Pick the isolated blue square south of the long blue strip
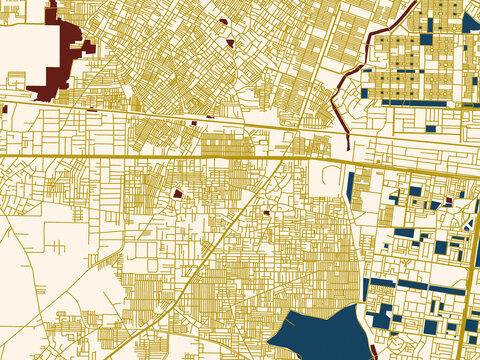(431, 128)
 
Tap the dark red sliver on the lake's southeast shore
(372, 350)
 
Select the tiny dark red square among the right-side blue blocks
(449, 200)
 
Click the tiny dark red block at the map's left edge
(3, 108)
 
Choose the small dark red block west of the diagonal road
(178, 193)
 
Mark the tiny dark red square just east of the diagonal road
(267, 211)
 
